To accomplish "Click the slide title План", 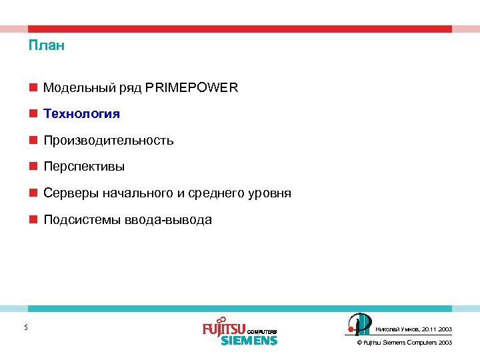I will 47,46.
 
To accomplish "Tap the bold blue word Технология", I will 81,114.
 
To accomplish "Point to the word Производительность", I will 109,141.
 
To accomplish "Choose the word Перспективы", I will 84,167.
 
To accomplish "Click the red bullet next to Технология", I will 33,114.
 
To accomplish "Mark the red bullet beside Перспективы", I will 33,167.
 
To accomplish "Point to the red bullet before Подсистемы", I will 33,220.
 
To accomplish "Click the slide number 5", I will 25,327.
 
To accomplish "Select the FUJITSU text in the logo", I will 224,329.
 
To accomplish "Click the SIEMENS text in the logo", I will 249,340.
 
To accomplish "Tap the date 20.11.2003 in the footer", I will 437,329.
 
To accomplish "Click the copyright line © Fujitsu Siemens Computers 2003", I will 405,342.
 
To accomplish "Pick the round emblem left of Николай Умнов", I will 359,324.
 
